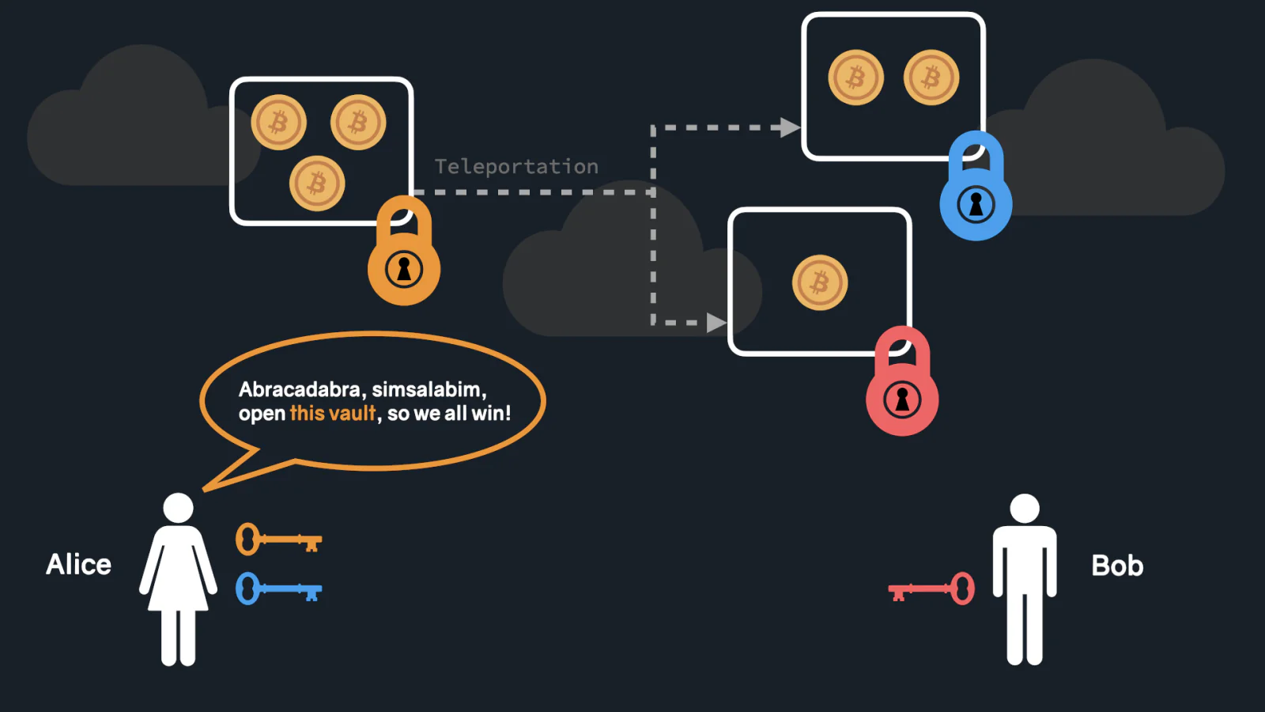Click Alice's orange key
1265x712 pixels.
click(278, 539)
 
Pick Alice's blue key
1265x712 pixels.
click(278, 589)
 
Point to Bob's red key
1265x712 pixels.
click(931, 589)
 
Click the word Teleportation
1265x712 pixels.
click(516, 167)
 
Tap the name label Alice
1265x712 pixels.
click(78, 564)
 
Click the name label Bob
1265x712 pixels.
click(1117, 565)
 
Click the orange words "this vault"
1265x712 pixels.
click(332, 413)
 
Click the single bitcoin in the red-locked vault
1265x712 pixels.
click(820, 282)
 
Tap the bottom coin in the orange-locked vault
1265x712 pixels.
click(317, 184)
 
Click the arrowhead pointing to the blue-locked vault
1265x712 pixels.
click(790, 127)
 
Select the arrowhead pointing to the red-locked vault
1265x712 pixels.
click(716, 323)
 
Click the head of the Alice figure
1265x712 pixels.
click(178, 508)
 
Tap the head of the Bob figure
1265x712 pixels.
click(1025, 509)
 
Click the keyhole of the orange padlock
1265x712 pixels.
click(404, 270)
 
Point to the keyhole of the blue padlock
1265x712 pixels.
click(976, 205)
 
